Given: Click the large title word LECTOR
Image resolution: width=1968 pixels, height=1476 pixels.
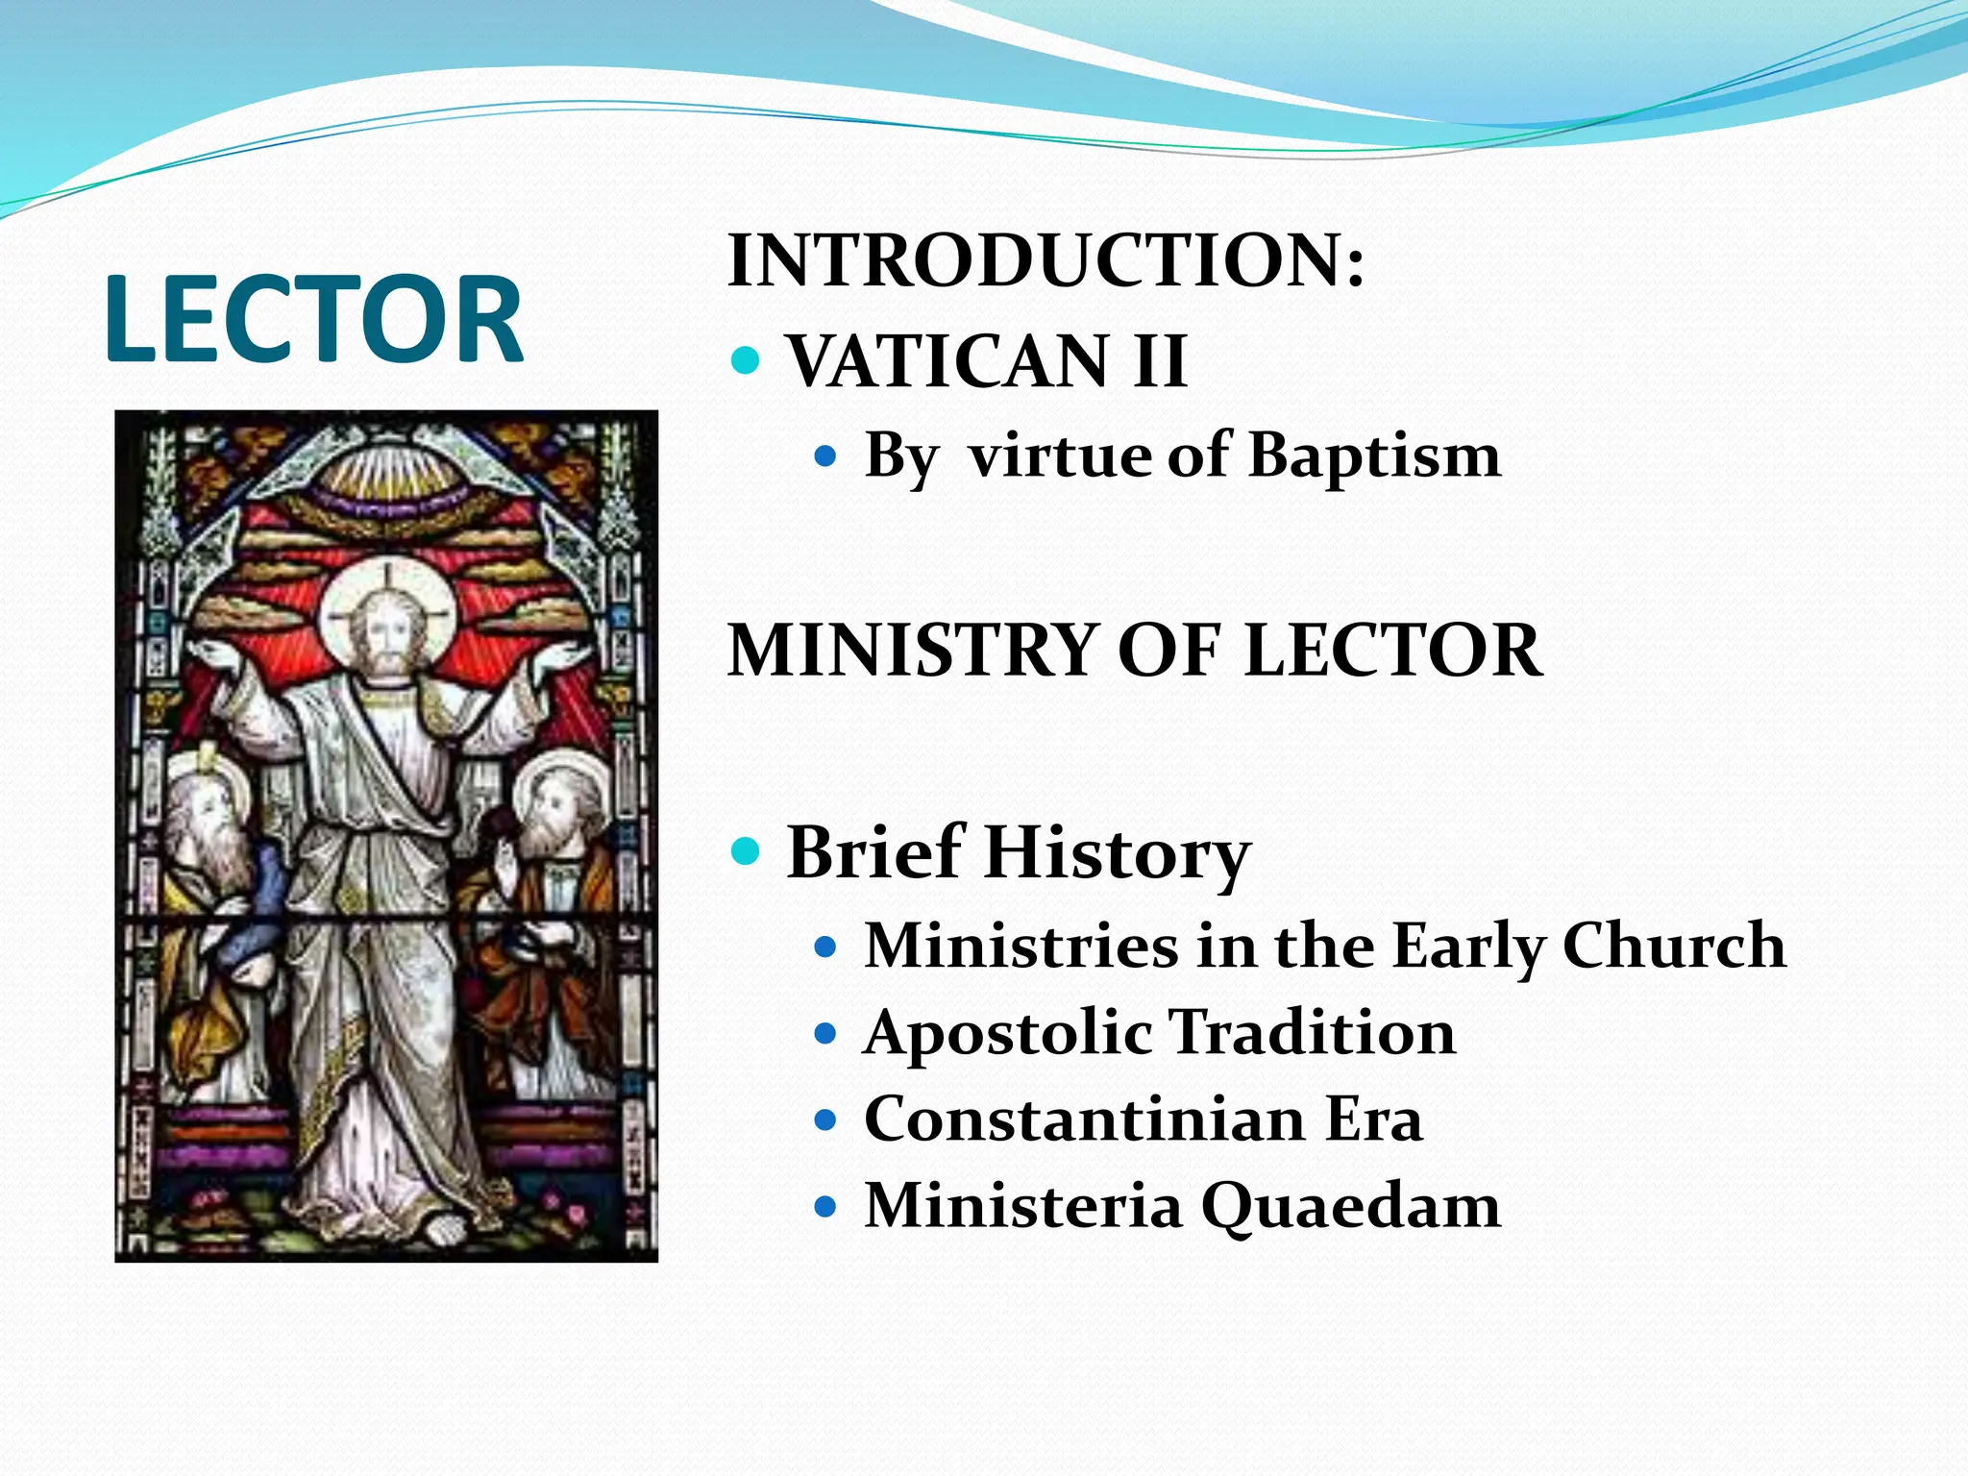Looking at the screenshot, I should [313, 319].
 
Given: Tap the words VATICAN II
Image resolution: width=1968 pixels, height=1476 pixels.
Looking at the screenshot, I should [987, 361].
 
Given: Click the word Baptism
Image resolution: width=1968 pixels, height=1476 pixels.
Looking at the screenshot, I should [1374, 455].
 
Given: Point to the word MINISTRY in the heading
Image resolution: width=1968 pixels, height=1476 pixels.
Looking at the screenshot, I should [912, 651].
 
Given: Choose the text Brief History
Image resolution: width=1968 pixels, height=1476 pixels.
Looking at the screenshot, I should [1019, 852].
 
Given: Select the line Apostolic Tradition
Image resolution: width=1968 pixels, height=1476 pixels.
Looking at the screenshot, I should [1159, 1033].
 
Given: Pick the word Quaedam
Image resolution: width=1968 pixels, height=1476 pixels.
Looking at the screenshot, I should [1350, 1206].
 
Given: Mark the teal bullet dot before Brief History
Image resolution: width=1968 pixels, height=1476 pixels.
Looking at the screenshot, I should [746, 851].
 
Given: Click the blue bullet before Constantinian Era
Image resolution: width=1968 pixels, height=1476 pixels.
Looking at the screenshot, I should [825, 1120].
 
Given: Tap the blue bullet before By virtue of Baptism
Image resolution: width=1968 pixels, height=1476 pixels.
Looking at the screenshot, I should [825, 455].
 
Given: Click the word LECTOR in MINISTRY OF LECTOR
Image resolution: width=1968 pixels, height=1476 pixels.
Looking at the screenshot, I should [1392, 651].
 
